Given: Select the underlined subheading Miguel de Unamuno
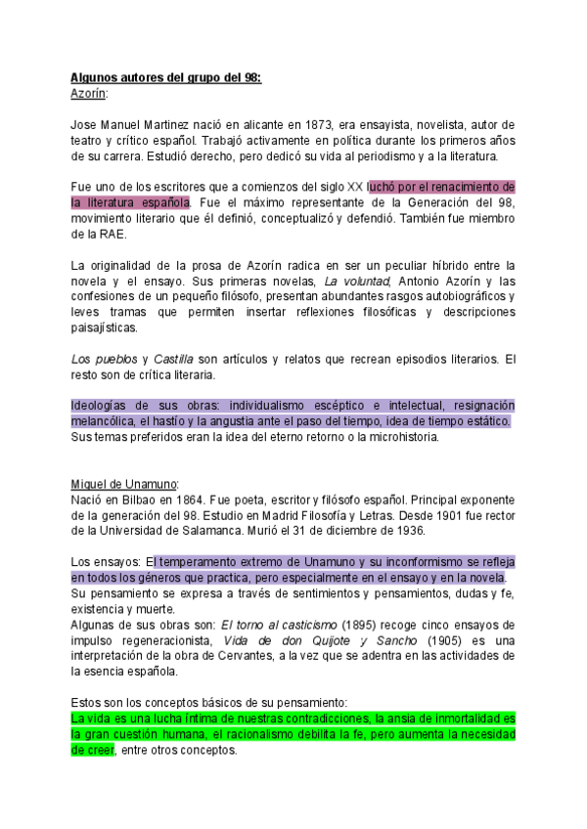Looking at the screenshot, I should [x=124, y=484].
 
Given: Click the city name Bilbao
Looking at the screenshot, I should [x=136, y=500].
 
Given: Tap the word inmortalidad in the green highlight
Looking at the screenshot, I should [x=431, y=719].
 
